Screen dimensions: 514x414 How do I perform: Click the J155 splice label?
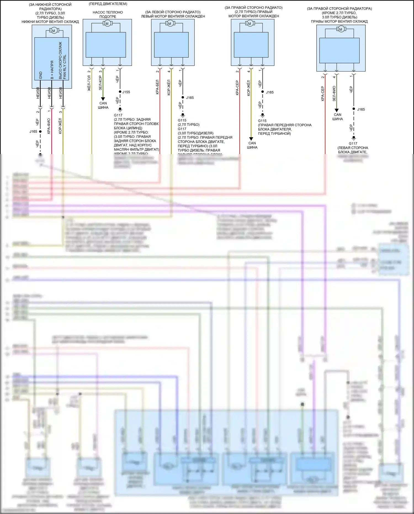coord(126,92)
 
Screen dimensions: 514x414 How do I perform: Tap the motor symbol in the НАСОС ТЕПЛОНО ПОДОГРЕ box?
coord(107,24)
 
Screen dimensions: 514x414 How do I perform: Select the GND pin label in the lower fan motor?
coord(41,75)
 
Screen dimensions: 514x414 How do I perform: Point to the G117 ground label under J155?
coord(118,115)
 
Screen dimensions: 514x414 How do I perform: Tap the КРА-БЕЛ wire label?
coord(157,87)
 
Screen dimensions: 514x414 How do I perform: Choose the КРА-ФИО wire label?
coord(49,126)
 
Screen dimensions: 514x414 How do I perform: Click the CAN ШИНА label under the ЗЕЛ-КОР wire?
coord(103,105)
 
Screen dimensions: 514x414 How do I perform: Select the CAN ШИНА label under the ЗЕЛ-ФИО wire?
coord(338,117)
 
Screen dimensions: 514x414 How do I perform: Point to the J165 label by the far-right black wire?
coord(361,109)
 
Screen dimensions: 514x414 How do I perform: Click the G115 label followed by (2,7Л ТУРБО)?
coord(182,120)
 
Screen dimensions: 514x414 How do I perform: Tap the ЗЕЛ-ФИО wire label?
coord(334,93)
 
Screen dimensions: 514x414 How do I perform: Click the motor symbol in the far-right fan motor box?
coord(341,29)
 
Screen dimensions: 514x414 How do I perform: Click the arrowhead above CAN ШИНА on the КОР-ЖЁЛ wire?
coord(251,139)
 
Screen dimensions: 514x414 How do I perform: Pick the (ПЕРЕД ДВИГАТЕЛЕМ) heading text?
coord(108,4)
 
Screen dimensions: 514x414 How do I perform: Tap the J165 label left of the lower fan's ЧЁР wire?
coord(33,131)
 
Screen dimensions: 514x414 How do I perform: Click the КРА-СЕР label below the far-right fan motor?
coord(323,93)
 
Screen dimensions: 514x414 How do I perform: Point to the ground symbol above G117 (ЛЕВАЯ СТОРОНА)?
coord(354,138)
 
